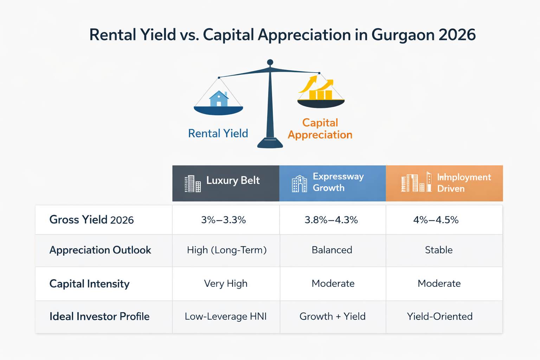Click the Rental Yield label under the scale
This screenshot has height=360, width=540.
pyautogui.click(x=218, y=134)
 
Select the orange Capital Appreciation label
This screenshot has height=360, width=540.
pyautogui.click(x=320, y=129)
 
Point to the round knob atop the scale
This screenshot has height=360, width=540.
pyautogui.click(x=270, y=63)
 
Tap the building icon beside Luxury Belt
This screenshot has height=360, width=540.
pyautogui.click(x=193, y=184)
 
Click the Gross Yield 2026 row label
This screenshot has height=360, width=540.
pyautogui.click(x=91, y=220)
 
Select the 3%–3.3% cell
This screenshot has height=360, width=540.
pyautogui.click(x=224, y=220)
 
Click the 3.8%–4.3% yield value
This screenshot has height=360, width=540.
pyautogui.click(x=331, y=220)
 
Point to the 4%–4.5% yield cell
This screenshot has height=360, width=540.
pyautogui.click(x=436, y=220)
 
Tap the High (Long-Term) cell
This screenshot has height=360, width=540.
pyautogui.click(x=227, y=250)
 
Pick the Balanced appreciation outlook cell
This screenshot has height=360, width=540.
pyautogui.click(x=332, y=250)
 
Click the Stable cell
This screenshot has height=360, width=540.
pyautogui.click(x=439, y=250)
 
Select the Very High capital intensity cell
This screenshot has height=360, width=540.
pyautogui.click(x=226, y=283)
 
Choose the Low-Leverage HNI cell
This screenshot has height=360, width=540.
pyautogui.click(x=226, y=316)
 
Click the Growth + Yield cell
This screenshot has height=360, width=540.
pyautogui.click(x=333, y=316)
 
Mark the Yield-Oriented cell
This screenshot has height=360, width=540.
pyautogui.click(x=439, y=316)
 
